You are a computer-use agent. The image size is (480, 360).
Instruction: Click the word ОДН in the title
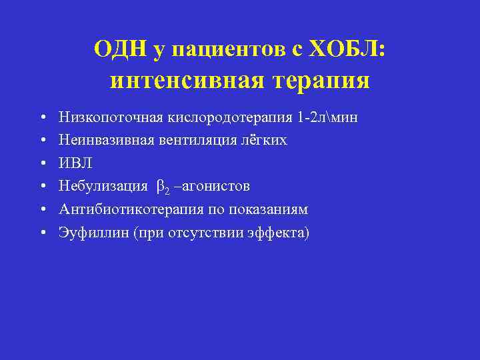click(119, 49)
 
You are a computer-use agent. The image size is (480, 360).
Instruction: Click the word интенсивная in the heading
click(182, 80)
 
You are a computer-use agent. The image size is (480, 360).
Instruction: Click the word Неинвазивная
click(98, 140)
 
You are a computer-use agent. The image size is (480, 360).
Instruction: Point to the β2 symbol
click(163, 187)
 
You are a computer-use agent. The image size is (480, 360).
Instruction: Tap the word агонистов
click(214, 186)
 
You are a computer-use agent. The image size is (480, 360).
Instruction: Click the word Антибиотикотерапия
click(119, 209)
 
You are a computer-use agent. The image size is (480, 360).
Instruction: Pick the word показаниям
click(268, 209)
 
